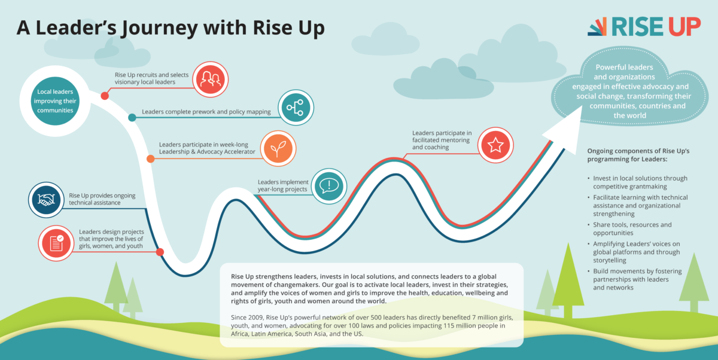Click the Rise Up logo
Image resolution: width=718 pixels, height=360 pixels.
click(x=644, y=26)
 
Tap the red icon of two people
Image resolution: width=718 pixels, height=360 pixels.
click(x=210, y=80)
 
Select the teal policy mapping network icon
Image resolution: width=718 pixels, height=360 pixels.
click(x=296, y=107)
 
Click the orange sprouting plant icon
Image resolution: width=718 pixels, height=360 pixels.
click(x=278, y=148)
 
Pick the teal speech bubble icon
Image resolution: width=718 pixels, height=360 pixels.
click(x=329, y=186)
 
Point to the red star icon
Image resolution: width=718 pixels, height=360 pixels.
click(x=495, y=145)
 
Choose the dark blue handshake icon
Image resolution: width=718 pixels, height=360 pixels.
click(x=46, y=200)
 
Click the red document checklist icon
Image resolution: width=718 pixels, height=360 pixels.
click(x=56, y=243)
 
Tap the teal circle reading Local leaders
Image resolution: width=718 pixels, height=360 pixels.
click(x=55, y=101)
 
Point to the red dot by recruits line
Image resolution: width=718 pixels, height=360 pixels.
click(x=105, y=96)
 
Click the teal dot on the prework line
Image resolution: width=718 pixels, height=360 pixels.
click(x=132, y=118)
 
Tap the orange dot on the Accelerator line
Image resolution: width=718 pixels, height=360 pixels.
click(x=151, y=158)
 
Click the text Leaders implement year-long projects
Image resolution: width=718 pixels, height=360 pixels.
click(x=283, y=185)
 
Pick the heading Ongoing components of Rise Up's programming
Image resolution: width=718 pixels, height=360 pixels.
click(x=638, y=155)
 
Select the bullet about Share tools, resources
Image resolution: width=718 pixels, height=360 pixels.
click(x=632, y=228)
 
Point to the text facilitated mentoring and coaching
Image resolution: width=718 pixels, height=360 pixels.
click(x=441, y=144)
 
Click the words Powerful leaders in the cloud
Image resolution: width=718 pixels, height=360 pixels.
click(x=624, y=67)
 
